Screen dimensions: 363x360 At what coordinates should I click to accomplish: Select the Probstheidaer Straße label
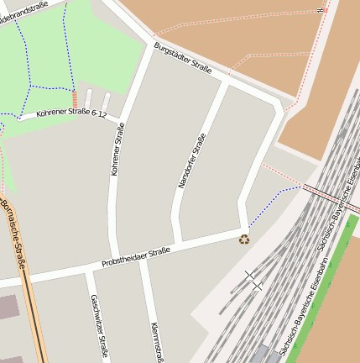135,256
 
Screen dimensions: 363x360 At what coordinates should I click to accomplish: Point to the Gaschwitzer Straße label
99,327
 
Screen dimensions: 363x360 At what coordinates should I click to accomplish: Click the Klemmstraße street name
156,340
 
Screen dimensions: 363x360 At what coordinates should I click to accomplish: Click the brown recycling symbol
244,239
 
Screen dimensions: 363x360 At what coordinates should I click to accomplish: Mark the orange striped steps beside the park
74,99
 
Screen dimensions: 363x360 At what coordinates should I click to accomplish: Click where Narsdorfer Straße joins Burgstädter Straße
226,82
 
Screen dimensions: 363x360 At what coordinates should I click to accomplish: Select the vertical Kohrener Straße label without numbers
117,149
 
